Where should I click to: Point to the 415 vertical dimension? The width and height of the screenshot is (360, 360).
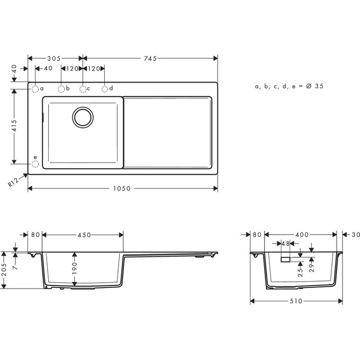pos(15,126)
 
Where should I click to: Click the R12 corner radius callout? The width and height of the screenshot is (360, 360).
pos(14,183)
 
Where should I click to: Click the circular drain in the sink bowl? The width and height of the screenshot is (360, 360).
pos(83,116)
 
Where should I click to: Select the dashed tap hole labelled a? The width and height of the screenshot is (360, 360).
pos(35,88)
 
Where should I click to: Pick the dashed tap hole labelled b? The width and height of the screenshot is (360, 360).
pos(61,88)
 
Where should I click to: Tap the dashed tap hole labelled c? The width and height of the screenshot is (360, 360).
pos(83,88)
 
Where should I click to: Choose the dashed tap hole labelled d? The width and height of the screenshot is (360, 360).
pos(105,88)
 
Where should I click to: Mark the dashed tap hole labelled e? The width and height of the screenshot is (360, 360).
pos(35,164)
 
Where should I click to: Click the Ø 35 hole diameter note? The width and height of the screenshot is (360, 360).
pos(289,86)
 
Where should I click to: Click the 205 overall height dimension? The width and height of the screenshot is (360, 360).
pos(5,270)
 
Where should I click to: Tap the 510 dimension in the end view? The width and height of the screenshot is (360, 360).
pos(295,301)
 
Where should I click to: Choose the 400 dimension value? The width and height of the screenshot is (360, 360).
pos(302,235)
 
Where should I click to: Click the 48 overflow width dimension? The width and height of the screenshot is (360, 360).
pos(285,244)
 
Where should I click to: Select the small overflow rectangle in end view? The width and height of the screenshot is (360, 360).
pos(285,259)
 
